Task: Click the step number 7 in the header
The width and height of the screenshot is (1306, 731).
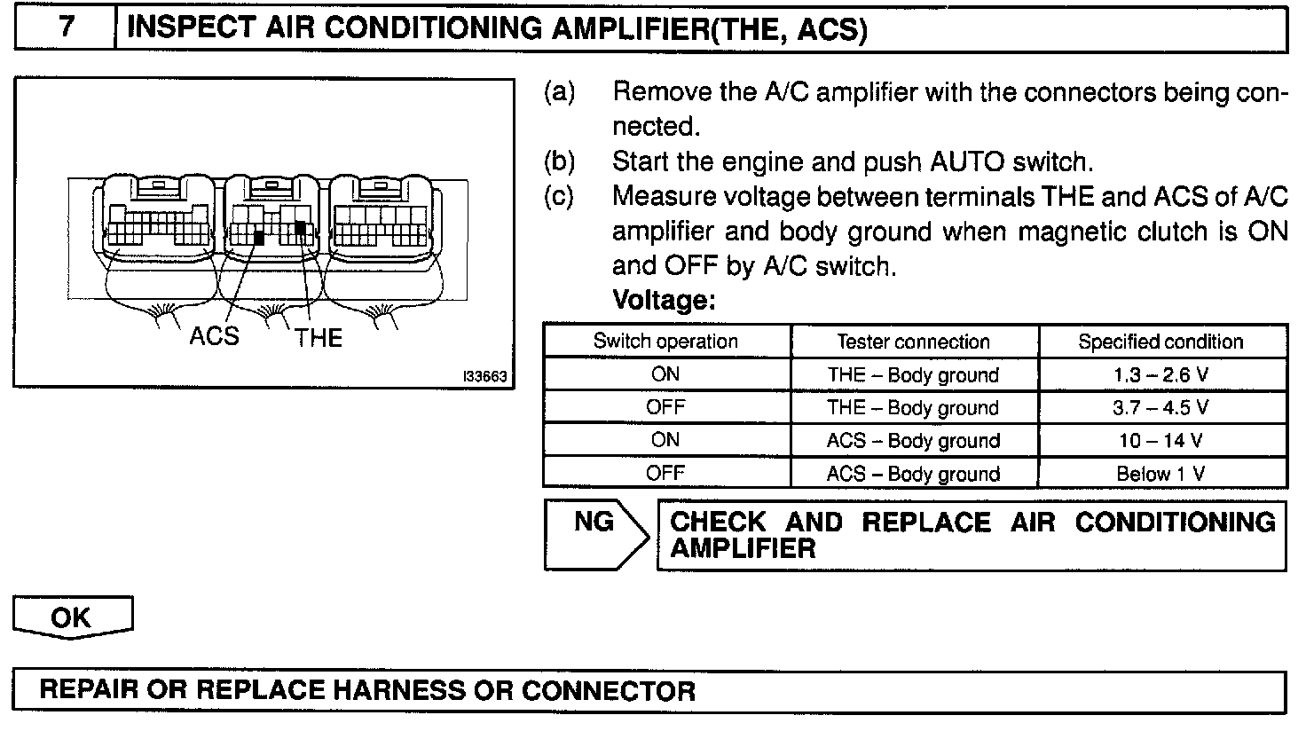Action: [x=66, y=28]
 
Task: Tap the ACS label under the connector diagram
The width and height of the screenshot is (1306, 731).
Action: [x=214, y=336]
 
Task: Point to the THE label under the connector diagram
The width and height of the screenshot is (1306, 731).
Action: [x=319, y=337]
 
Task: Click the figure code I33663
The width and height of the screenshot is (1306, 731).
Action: [x=484, y=376]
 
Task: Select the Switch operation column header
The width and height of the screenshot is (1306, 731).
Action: [x=665, y=342]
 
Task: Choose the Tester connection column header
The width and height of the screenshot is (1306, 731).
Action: [x=913, y=342]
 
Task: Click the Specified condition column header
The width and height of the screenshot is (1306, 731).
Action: [x=1160, y=342]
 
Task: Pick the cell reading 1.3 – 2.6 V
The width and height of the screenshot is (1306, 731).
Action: [x=1160, y=375]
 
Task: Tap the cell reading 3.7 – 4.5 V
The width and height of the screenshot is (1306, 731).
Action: [x=1160, y=408]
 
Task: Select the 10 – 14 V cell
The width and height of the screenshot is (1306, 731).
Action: [x=1160, y=441]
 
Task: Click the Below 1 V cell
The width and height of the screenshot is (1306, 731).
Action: [x=1160, y=474]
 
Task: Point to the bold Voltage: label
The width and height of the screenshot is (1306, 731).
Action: [x=664, y=301]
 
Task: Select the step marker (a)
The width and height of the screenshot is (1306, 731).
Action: [x=559, y=91]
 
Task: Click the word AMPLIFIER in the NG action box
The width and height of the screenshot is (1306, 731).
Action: [x=743, y=548]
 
